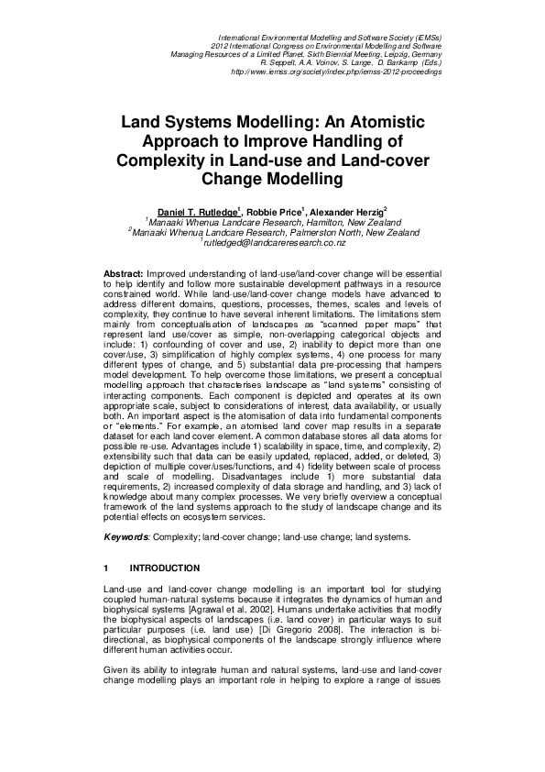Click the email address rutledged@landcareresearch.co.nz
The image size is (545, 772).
click(x=275, y=243)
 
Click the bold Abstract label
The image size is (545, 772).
click(x=125, y=274)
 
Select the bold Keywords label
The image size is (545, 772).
click(x=127, y=536)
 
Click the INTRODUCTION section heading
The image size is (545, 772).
click(x=165, y=568)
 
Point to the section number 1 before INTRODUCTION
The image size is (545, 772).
click(x=107, y=568)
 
